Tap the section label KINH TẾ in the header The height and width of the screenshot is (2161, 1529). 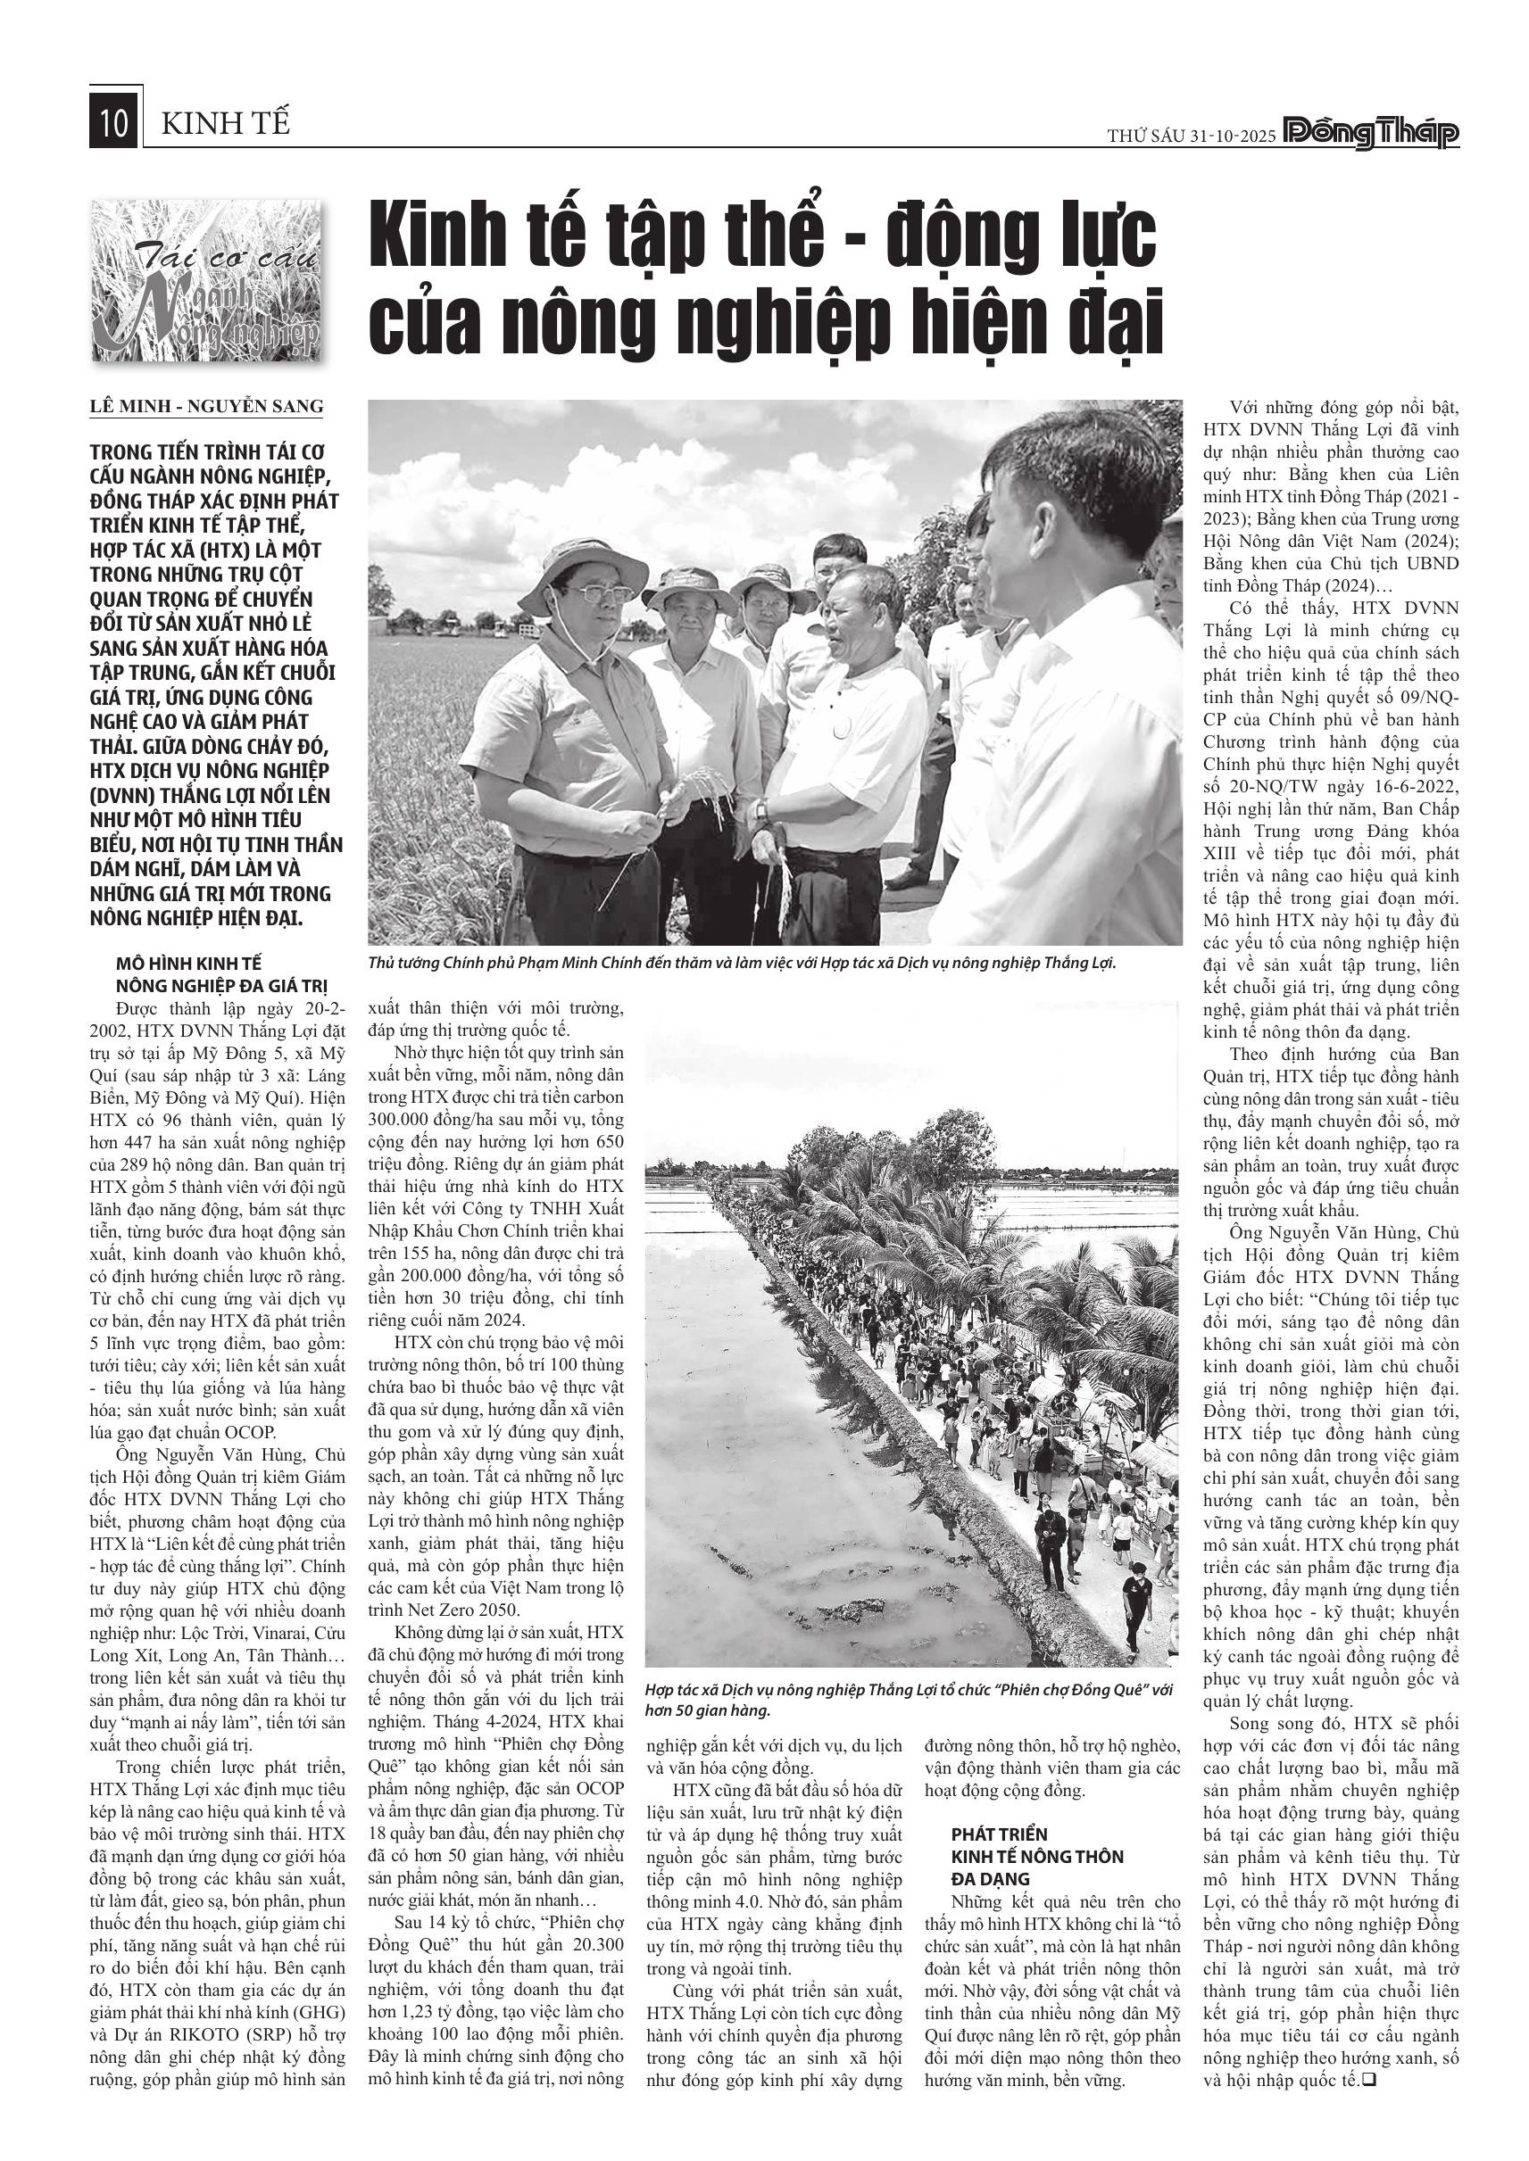coord(226,124)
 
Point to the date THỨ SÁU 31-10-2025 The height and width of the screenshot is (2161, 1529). coord(1191,136)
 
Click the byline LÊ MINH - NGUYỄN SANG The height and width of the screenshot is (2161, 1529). coord(206,407)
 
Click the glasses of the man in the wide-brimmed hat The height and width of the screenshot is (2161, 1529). coord(584,594)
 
